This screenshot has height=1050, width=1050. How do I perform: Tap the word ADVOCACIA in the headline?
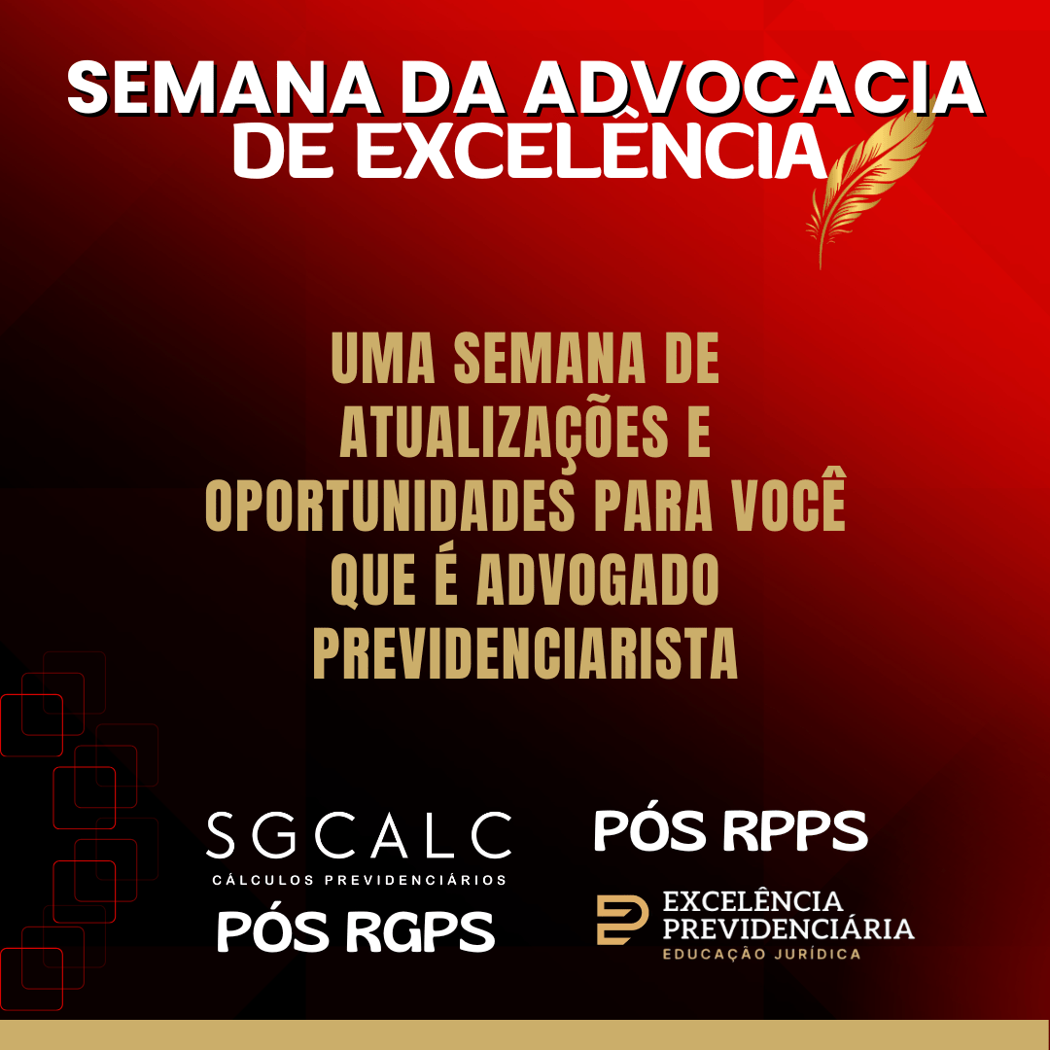(x=752, y=88)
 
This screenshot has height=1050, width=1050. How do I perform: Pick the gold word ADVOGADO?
(x=597, y=578)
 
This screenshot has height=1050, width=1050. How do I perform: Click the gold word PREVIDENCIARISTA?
(x=525, y=653)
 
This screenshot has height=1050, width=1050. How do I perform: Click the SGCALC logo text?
(x=359, y=835)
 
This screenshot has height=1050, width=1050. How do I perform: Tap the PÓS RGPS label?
(x=356, y=931)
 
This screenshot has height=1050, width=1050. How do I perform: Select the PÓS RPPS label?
(x=730, y=830)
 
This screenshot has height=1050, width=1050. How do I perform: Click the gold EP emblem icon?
(x=622, y=919)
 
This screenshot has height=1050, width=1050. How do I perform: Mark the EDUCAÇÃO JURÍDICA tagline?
(x=762, y=955)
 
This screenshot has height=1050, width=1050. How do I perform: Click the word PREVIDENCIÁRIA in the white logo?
(x=788, y=928)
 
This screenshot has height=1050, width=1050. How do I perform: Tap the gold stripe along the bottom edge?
(x=525, y=1035)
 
